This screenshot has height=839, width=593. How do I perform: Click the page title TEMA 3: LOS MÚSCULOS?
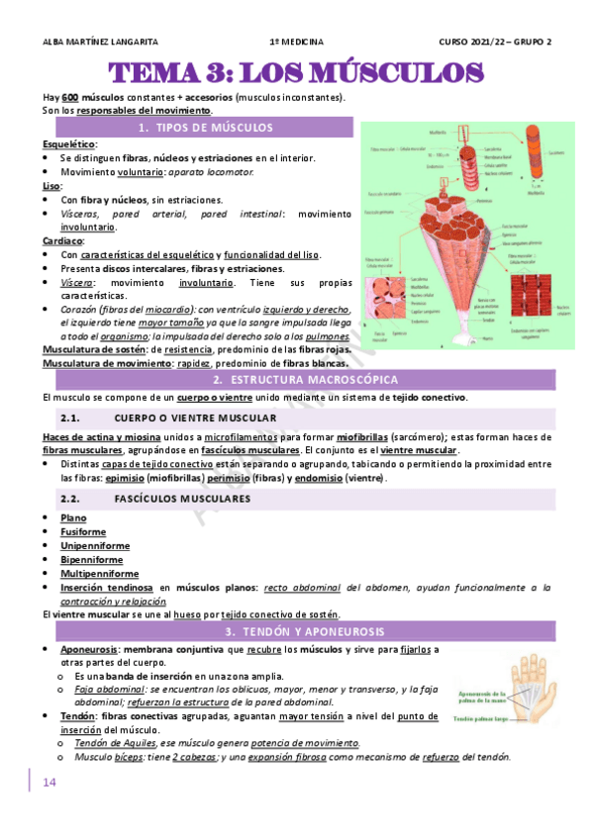click(x=296, y=73)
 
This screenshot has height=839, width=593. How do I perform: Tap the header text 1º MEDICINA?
click(x=296, y=42)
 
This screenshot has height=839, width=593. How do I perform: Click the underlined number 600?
click(x=69, y=98)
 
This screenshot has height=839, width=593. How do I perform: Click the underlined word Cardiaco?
click(x=62, y=240)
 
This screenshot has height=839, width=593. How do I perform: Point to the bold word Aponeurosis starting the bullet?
click(x=89, y=649)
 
